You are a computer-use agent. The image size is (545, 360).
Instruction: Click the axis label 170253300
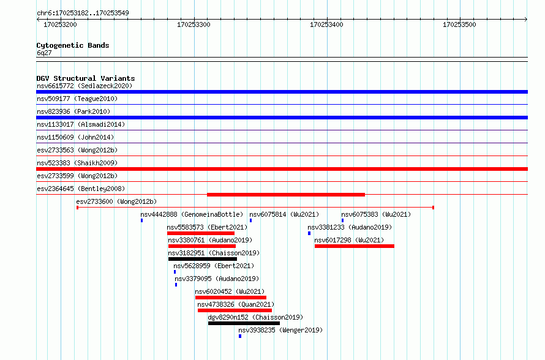(x=194, y=24)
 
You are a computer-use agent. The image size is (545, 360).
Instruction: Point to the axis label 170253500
(x=459, y=24)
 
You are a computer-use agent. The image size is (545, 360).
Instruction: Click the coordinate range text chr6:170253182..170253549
(x=83, y=13)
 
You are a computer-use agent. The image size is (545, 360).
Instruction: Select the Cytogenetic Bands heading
(x=73, y=45)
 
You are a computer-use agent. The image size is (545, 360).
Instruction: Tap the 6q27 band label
(x=44, y=53)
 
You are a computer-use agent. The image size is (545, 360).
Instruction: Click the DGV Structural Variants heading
(x=86, y=78)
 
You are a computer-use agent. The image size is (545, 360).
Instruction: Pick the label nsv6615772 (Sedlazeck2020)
(x=85, y=86)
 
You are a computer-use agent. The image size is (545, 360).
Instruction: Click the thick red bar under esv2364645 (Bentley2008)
(x=286, y=195)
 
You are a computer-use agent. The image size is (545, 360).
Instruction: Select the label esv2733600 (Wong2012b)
(x=116, y=201)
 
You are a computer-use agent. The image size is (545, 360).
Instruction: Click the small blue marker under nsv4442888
(x=142, y=220)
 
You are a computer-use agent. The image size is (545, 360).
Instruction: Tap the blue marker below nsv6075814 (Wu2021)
(x=250, y=220)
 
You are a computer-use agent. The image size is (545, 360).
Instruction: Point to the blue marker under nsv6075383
(x=342, y=220)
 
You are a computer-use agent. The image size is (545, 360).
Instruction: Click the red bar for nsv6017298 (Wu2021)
(x=354, y=246)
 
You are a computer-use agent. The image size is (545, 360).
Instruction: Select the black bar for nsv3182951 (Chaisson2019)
(x=202, y=259)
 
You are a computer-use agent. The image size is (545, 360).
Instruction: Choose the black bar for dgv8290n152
(x=244, y=323)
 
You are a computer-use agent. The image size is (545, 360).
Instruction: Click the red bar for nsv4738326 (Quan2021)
(x=235, y=310)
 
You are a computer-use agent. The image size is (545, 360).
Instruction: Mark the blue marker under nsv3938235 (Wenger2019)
(x=240, y=336)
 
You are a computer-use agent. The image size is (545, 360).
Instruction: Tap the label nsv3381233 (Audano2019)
(x=350, y=227)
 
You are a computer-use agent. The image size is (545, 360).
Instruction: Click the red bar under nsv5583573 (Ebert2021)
(x=201, y=233)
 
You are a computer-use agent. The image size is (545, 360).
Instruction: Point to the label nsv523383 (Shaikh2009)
(x=77, y=163)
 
